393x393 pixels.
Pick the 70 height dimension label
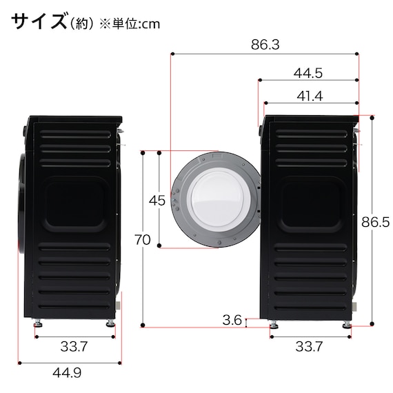pyautogui.click(x=143, y=239)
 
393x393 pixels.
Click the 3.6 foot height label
pyautogui.click(x=232, y=319)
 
